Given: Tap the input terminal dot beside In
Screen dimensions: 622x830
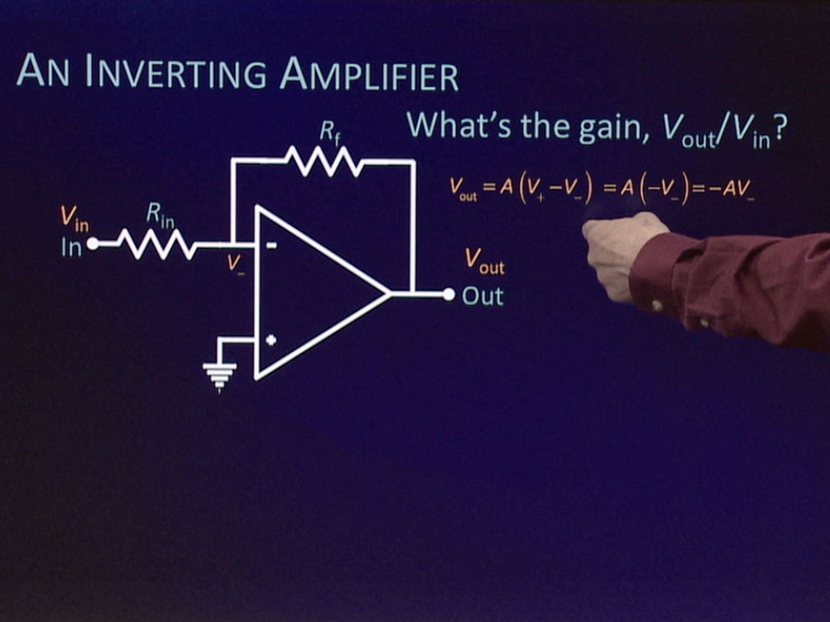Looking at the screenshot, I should pyautogui.click(x=93, y=244).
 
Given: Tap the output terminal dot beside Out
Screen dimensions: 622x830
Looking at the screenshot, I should pyautogui.click(x=448, y=294).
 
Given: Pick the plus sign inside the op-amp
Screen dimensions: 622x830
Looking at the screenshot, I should pyautogui.click(x=271, y=340).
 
